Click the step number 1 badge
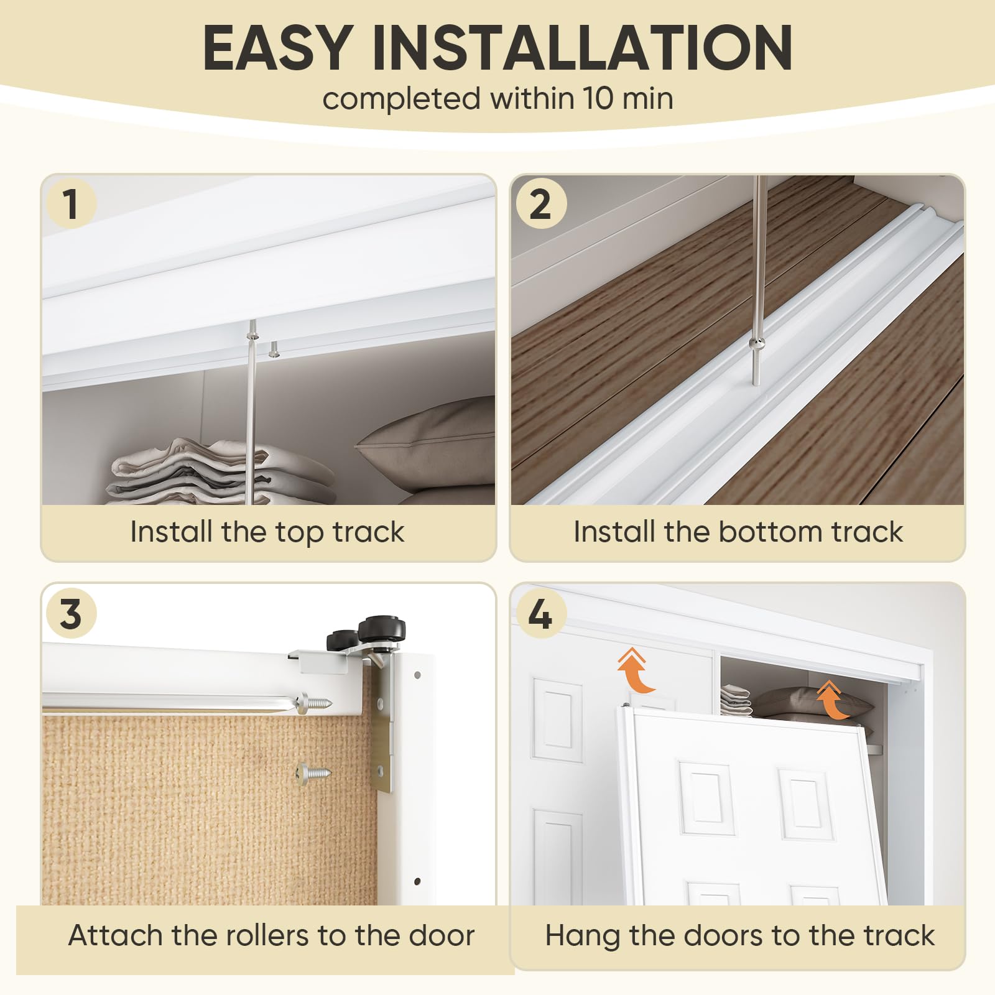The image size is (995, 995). click(x=71, y=203)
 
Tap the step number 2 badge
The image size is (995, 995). click(x=540, y=203)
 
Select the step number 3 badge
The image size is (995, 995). click(x=71, y=613)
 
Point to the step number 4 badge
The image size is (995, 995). click(x=540, y=613)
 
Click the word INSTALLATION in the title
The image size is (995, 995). click(x=582, y=48)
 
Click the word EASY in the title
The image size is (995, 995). click(x=278, y=48)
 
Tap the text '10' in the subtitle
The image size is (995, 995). click(x=596, y=99)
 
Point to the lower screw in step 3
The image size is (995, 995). click(x=313, y=774)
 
